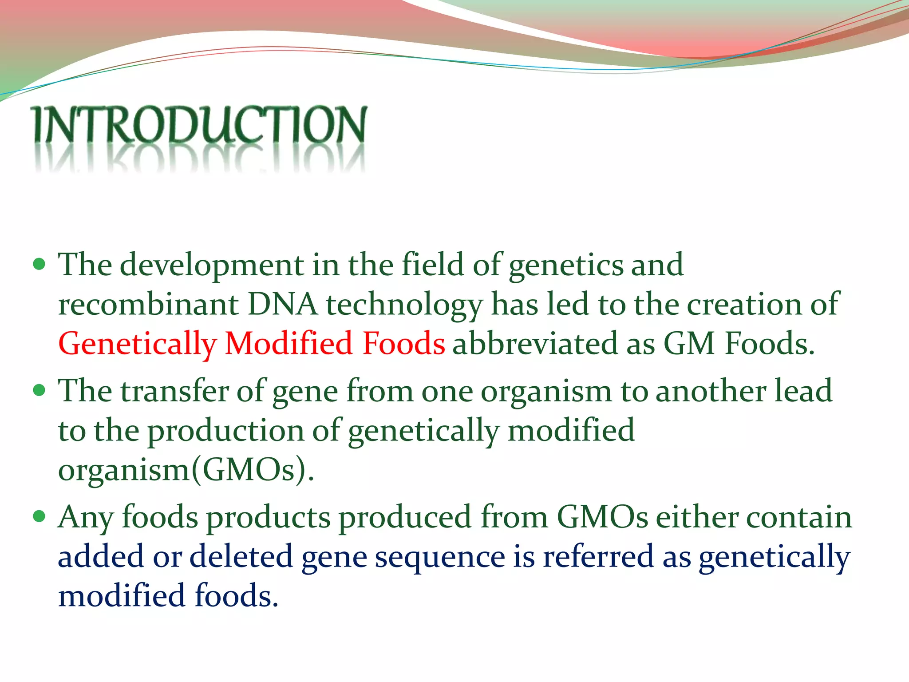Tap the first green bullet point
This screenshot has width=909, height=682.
point(40,265)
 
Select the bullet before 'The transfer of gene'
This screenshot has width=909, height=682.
point(40,391)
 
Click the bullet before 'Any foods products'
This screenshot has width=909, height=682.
point(40,516)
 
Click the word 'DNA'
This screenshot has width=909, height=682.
point(283,305)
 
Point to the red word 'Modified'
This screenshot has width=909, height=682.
point(289,344)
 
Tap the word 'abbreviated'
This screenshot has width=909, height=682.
point(535,344)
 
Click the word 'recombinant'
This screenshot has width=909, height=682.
point(149,305)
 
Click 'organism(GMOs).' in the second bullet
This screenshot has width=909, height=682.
point(186,470)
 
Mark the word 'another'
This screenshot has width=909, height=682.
point(711,391)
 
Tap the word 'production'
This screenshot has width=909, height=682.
point(226,431)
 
